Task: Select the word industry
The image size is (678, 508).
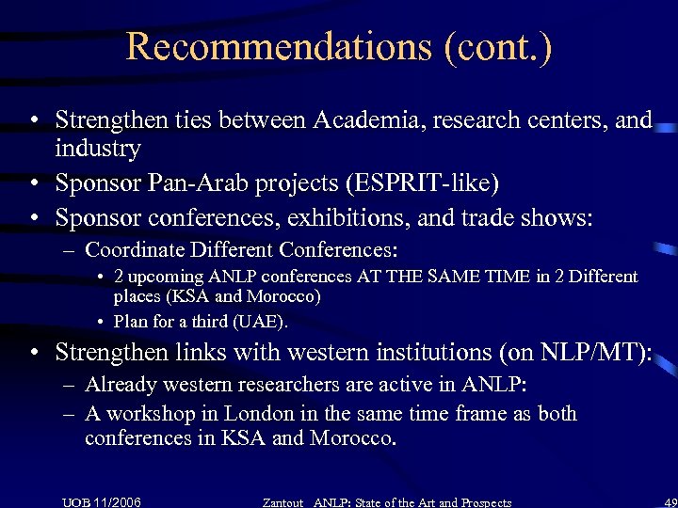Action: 98,148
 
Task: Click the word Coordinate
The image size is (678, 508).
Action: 135,251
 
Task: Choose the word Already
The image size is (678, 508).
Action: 120,384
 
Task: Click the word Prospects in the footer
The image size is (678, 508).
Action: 481,502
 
